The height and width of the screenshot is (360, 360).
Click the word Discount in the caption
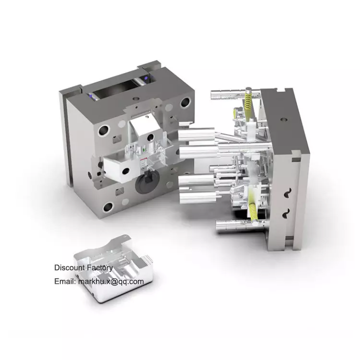[69, 267]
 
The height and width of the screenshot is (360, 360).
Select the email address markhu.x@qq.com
[111, 281]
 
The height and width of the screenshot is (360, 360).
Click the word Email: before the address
[65, 281]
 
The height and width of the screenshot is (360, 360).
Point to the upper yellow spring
[248, 100]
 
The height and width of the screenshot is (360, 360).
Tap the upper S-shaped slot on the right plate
[287, 193]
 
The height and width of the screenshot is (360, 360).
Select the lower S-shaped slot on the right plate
[286, 213]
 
